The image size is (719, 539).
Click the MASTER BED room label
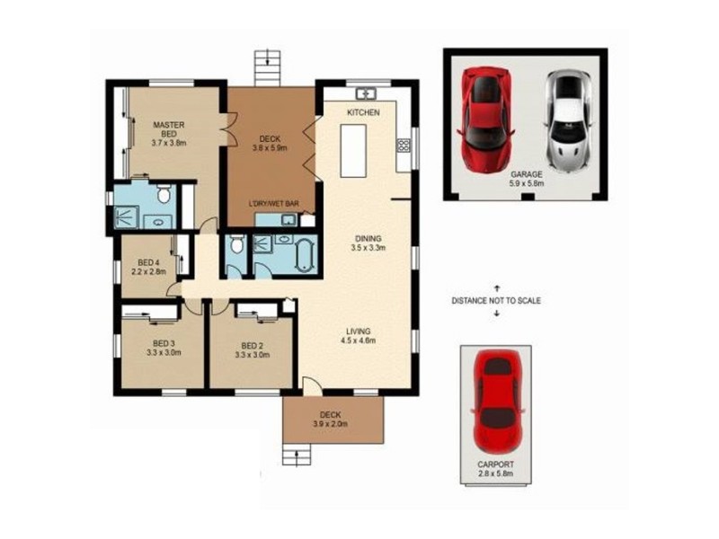point(167,133)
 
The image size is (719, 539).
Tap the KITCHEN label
point(362,112)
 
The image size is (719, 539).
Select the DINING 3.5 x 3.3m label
point(368,243)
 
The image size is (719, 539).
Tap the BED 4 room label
point(149,265)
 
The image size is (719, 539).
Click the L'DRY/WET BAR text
point(273,205)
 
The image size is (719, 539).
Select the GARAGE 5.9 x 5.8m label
point(527,178)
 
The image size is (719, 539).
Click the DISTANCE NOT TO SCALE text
point(495,301)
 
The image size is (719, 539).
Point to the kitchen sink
point(367,93)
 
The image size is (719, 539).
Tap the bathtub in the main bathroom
point(302,254)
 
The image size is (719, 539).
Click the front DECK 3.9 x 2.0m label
point(330,420)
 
